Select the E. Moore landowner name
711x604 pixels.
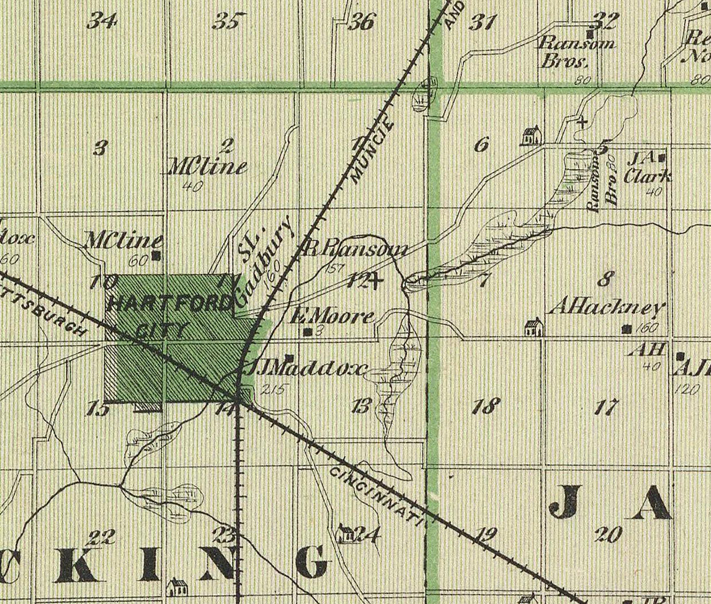click(332, 317)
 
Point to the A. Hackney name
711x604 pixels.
click(609, 308)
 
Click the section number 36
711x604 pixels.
click(361, 22)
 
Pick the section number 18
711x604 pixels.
click(486, 405)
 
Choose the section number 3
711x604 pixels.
click(100, 148)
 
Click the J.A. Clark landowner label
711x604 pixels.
click(647, 168)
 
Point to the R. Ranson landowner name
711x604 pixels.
click(356, 249)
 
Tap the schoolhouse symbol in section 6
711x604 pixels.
click(530, 136)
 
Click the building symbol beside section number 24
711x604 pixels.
click(347, 533)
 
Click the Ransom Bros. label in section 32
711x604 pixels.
click(576, 52)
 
